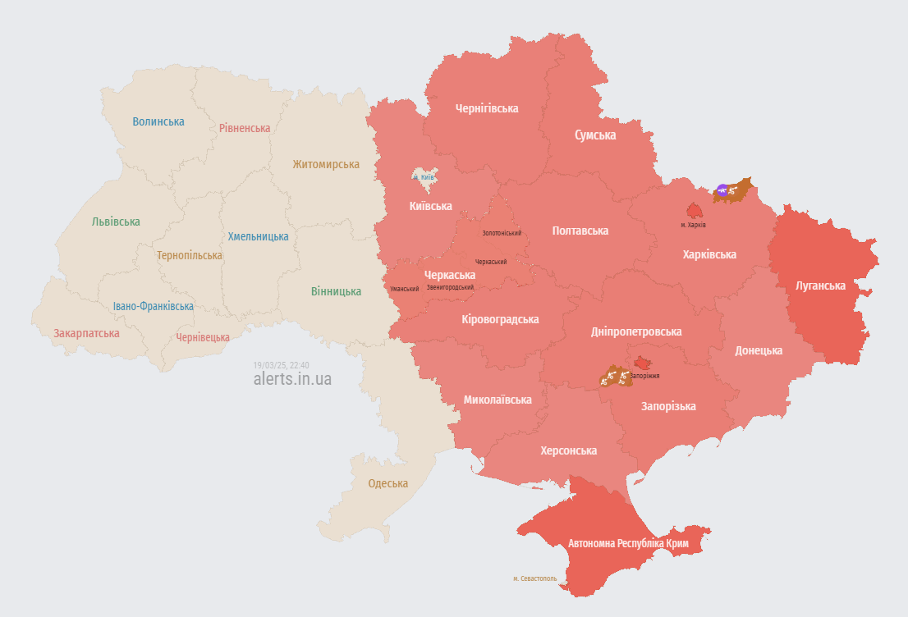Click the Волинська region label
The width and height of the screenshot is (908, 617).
click(x=158, y=121)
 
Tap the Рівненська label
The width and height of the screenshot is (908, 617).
click(x=245, y=128)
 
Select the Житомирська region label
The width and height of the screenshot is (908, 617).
click(x=326, y=164)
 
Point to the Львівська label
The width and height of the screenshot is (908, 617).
click(x=116, y=222)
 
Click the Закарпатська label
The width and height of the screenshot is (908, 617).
click(x=86, y=333)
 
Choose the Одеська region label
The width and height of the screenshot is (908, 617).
click(x=388, y=483)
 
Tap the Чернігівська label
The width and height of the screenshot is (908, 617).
click(x=487, y=108)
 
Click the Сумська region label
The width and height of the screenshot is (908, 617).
click(x=595, y=135)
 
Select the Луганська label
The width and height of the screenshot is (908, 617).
click(x=820, y=286)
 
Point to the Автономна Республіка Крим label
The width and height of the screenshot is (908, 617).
click(x=628, y=544)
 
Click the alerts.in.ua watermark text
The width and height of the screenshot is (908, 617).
click(x=292, y=379)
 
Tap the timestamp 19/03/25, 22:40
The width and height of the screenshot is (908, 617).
click(x=281, y=364)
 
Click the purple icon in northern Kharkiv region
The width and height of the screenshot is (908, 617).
click(x=722, y=190)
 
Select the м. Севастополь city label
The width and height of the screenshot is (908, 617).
click(x=534, y=578)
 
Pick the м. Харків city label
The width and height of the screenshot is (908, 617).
click(x=693, y=225)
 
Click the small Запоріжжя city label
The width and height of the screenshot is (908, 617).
click(x=646, y=376)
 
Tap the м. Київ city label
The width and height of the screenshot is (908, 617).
click(x=424, y=177)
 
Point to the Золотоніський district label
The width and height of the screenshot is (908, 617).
click(x=501, y=233)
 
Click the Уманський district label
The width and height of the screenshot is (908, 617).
click(x=404, y=289)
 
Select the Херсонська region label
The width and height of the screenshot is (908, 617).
click(x=568, y=450)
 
